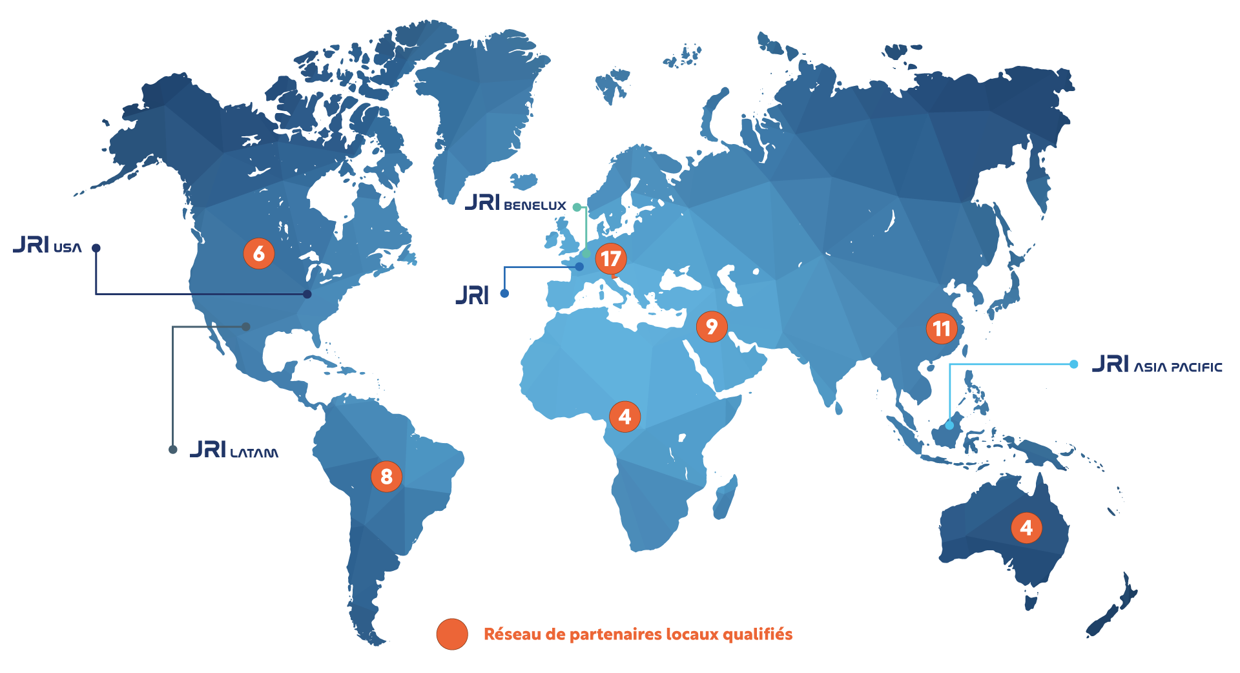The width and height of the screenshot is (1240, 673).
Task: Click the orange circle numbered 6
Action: (259, 253)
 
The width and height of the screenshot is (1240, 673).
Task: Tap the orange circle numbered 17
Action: (610, 259)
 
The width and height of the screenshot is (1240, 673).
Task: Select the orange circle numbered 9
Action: (712, 327)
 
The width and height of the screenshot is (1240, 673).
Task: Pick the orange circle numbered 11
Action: (942, 329)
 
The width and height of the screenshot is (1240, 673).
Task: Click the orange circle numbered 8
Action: (386, 477)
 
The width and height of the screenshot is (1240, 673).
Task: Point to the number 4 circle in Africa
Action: (625, 417)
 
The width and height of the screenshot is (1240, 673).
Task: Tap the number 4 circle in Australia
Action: (1026, 528)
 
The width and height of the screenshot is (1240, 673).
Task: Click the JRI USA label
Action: (47, 245)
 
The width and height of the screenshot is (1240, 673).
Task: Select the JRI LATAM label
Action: (234, 450)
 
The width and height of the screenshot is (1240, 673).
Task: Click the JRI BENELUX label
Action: (515, 203)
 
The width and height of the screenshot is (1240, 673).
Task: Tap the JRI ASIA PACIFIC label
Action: (1157, 365)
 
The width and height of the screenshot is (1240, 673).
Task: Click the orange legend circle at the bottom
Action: (452, 634)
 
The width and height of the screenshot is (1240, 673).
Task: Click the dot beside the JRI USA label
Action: (96, 248)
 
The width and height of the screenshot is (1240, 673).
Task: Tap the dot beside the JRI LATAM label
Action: (173, 450)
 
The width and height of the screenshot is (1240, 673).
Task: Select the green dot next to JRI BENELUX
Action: (577, 207)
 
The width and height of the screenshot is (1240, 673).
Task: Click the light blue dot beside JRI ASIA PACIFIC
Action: (1073, 364)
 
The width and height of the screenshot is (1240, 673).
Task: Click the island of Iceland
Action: (524, 180)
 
